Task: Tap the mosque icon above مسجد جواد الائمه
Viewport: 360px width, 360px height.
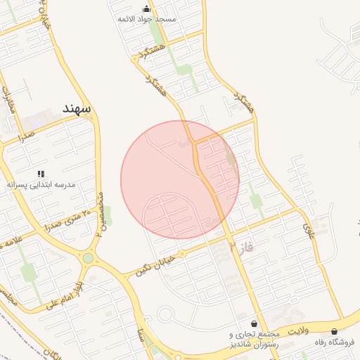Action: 146,8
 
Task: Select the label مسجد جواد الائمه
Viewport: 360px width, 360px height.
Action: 147,20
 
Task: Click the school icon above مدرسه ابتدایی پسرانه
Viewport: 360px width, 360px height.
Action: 41,173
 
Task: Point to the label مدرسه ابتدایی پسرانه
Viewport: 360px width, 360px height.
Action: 41,184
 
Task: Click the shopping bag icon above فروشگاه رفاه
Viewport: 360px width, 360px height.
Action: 333,331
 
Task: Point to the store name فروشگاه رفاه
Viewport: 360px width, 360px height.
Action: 333,342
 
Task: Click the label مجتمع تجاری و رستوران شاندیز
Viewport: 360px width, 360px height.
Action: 255,339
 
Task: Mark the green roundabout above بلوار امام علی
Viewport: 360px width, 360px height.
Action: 88,258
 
